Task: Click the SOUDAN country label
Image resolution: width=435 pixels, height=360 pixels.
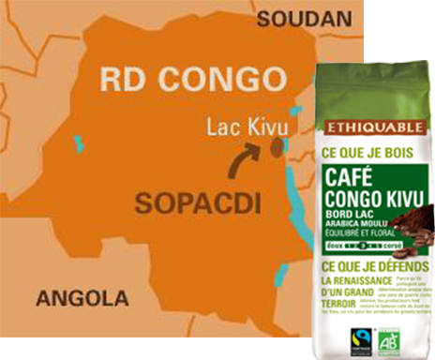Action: pyautogui.click(x=297, y=19)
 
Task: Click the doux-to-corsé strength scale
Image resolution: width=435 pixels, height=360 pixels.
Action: pyautogui.click(x=362, y=247)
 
